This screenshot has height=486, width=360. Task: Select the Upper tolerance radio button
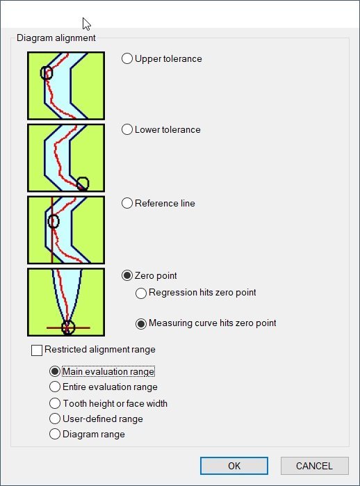coord(127,58)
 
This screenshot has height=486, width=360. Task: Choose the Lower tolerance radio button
coord(127,129)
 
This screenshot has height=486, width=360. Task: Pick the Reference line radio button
coord(127,203)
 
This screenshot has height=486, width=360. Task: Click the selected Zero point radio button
coord(127,275)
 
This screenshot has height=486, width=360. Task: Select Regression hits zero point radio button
coord(141,293)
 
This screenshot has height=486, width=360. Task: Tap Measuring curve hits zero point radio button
coord(141,324)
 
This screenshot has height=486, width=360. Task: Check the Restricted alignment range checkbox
coord(37,350)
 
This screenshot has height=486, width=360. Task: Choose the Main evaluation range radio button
coord(55,371)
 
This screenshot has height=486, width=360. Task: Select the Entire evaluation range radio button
coord(55,387)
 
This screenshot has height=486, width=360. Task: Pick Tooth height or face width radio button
coord(55,403)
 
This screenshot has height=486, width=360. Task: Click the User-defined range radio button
coord(55,419)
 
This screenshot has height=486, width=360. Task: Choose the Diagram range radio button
coord(55,434)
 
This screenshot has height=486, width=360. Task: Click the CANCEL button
coord(314,466)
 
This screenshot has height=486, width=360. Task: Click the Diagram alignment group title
coord(56,38)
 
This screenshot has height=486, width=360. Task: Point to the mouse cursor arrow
coord(86,24)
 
